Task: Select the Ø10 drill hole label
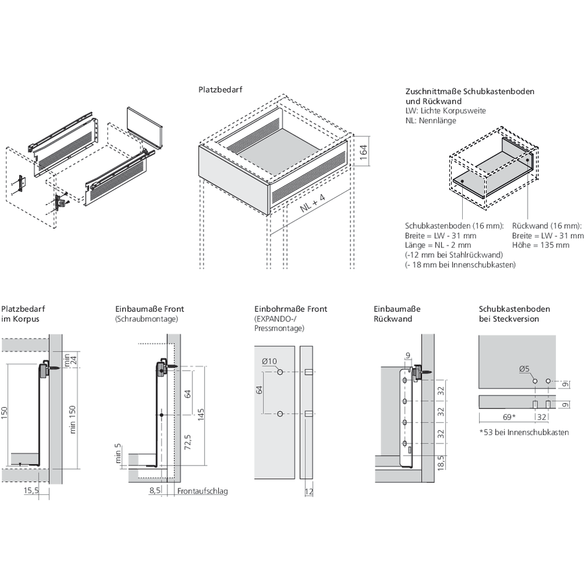[269, 361]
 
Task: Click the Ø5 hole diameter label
[525, 369]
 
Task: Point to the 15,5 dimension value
[31, 491]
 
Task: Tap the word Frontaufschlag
[202, 491]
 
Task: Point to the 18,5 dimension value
[440, 463]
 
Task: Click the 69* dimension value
[509, 418]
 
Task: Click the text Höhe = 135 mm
[541, 245]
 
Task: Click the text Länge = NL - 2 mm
[438, 245]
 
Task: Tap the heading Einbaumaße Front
[150, 309]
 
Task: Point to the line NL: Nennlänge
[430, 121]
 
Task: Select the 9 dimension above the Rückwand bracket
[407, 355]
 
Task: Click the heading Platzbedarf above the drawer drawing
[220, 91]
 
